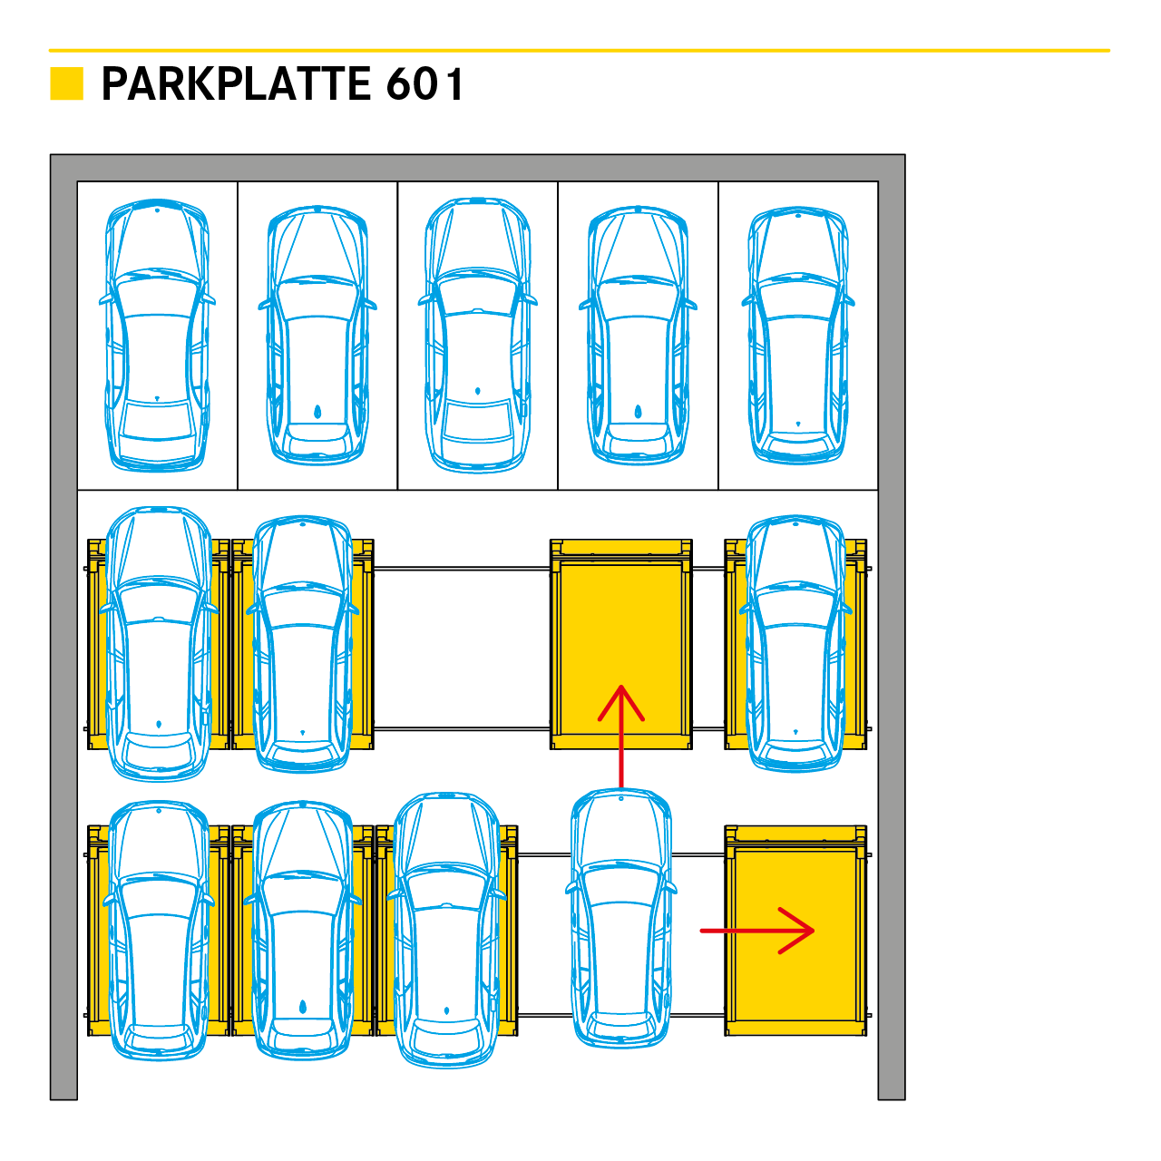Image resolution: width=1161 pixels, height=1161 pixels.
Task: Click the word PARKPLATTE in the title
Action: tap(236, 84)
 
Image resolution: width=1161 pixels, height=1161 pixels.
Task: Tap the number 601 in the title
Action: tap(424, 84)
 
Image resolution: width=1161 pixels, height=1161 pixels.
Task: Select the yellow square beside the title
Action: tap(66, 83)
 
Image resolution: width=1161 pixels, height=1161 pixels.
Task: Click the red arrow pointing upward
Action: tap(621, 735)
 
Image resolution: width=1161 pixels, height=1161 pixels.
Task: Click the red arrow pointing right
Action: tap(758, 930)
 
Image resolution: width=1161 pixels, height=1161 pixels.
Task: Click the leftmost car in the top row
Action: tap(158, 336)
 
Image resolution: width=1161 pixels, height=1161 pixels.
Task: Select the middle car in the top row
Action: tap(477, 336)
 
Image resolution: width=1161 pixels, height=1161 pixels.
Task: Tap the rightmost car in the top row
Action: tap(798, 336)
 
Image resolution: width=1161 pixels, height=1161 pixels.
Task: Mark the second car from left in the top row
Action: tap(317, 336)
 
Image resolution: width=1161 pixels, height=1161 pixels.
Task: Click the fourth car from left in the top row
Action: tap(638, 336)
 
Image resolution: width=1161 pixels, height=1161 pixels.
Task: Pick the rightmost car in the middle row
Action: tap(795, 644)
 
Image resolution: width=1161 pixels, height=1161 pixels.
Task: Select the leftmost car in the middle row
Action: tap(159, 644)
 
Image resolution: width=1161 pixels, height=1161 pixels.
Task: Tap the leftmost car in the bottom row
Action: tap(159, 930)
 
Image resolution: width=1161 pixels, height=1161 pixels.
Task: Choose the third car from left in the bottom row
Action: tap(447, 930)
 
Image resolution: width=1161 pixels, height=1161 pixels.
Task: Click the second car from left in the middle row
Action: tap(303, 644)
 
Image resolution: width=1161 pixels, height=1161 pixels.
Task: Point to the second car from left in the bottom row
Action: tap(303, 930)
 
